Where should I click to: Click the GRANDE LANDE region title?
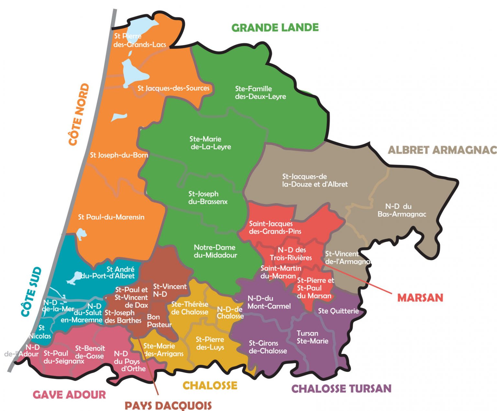(275, 28)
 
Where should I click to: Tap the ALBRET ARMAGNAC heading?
(442, 150)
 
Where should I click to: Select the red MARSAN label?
(420, 298)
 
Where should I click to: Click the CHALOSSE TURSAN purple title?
(341, 388)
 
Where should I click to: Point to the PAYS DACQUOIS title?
(168, 405)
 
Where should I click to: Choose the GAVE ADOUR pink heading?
(69, 394)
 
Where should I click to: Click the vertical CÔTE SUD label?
(31, 292)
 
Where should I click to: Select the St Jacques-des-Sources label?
(173, 88)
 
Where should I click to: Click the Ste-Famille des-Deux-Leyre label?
(260, 92)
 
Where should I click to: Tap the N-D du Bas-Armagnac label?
(402, 210)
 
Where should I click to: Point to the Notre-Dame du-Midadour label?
(215, 251)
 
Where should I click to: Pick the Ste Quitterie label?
(338, 311)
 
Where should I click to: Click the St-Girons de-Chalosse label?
(268, 347)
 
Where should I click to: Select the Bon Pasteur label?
(159, 321)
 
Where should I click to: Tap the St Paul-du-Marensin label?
(111, 217)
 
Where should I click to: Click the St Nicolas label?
(40, 332)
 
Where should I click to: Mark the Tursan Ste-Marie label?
(312, 337)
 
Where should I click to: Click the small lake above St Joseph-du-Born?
(119, 117)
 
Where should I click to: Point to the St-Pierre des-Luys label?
(210, 343)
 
